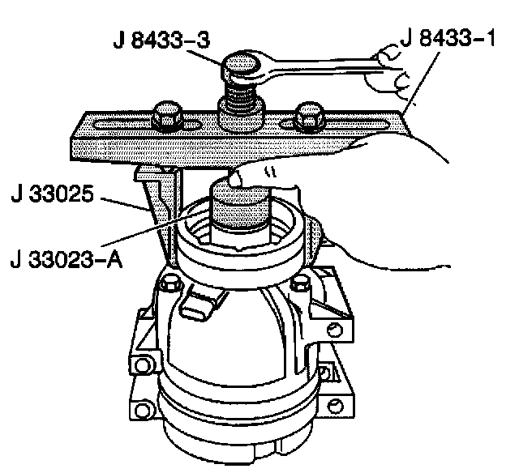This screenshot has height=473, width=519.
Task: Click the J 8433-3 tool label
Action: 162,40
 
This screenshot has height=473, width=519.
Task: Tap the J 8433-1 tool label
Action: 447,38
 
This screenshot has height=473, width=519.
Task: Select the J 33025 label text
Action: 52,194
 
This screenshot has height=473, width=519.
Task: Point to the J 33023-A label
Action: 66,260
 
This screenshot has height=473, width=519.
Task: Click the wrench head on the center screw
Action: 244,68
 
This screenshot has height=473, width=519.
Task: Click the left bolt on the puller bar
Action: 167,115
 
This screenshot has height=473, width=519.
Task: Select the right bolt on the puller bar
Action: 310,117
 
